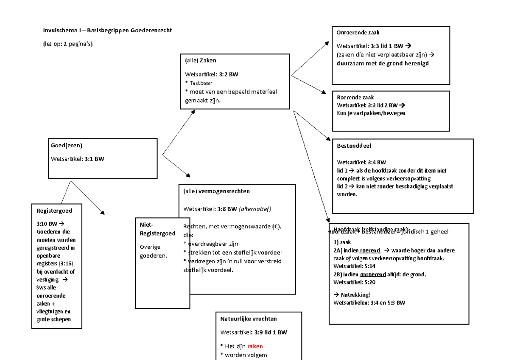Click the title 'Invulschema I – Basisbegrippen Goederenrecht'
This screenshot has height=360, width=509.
107,31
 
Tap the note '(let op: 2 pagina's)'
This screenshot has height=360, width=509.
67,44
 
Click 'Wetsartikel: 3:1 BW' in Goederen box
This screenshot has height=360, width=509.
77,159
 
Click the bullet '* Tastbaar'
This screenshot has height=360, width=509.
199,83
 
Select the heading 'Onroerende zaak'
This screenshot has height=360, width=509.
358,33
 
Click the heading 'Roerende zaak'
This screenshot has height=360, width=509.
355,97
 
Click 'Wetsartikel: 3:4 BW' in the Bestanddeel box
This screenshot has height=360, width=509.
361,162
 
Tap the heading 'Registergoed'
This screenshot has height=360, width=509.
54,211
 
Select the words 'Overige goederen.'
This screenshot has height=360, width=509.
153,251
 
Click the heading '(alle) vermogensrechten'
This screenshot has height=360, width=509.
216,191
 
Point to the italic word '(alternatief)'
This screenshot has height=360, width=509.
255,208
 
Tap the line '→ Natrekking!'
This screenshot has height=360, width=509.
352,295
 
